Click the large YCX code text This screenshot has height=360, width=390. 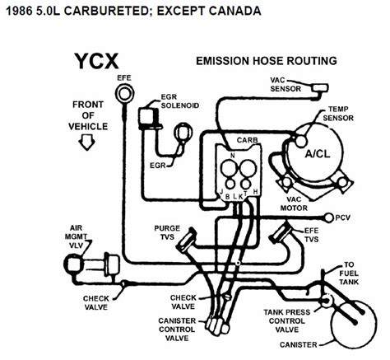pyautogui.click(x=96, y=61)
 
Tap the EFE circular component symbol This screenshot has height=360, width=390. pyautogui.click(x=124, y=93)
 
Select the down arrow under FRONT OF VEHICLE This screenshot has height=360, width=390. pyautogui.click(x=87, y=143)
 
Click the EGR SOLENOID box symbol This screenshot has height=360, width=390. pyautogui.click(x=148, y=119)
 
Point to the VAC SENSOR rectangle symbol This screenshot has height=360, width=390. pyautogui.click(x=319, y=88)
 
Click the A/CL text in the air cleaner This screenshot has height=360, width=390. pyautogui.click(x=318, y=154)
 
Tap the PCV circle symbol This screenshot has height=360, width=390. pyautogui.click(x=329, y=217)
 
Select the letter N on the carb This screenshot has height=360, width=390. pyautogui.click(x=233, y=156)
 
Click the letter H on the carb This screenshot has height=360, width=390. pyautogui.click(x=255, y=192)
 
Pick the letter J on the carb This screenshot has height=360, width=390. pyautogui.click(x=221, y=191)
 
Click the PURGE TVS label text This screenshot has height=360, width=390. pyautogui.click(x=167, y=232)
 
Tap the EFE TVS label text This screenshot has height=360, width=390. pyautogui.click(x=312, y=235)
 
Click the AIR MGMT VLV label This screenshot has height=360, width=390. pyautogui.click(x=76, y=236)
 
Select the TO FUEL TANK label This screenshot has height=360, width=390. pyautogui.click(x=349, y=274)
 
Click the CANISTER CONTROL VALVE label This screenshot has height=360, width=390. pyautogui.click(x=177, y=330)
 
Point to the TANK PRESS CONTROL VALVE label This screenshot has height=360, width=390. pyautogui.click(x=287, y=320)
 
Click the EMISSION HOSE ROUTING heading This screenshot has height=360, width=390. pyautogui.click(x=267, y=61)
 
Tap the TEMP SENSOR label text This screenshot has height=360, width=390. pyautogui.click(x=338, y=114)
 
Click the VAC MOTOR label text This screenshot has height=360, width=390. pyautogui.click(x=294, y=203)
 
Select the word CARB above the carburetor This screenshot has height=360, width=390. pyautogui.click(x=247, y=140)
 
